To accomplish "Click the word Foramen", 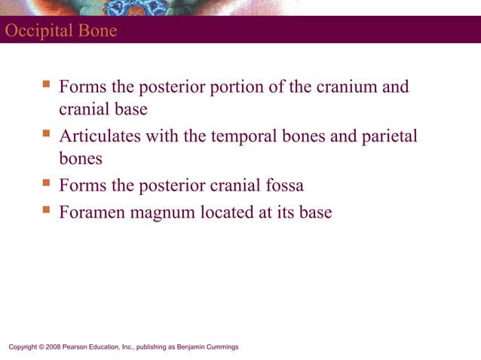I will [93, 212].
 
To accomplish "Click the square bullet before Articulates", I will [47, 135].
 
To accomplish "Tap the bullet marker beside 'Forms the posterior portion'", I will [47, 85].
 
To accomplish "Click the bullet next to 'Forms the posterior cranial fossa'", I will [47, 185].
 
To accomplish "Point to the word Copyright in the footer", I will [23, 347].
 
